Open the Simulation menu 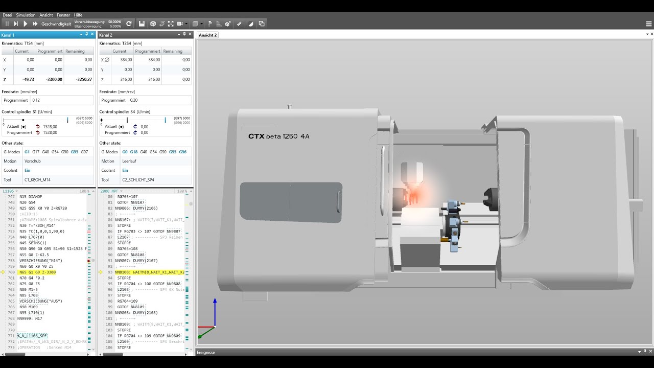click(26, 15)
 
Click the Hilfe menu click(78, 15)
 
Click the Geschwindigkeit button click(56, 24)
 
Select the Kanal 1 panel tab click(8, 35)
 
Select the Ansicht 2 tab click(208, 35)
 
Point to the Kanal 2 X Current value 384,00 click(126, 60)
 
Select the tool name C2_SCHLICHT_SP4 click(138, 180)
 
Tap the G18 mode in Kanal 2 click(134, 152)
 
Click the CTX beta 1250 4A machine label click(278, 136)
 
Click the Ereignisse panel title click(206, 352)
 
